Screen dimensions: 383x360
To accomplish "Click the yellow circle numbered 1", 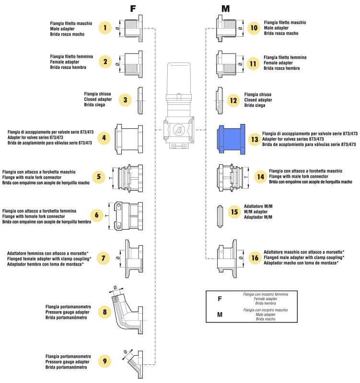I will point(105,28).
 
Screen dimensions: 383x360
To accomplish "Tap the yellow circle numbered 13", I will point(255,139).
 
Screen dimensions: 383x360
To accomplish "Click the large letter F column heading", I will point(133,9).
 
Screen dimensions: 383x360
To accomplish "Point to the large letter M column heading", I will point(225,9).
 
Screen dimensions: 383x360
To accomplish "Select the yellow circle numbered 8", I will point(105,312).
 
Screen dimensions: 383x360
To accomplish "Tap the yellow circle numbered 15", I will point(234,212).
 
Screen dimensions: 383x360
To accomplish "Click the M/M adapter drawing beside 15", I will point(220,212).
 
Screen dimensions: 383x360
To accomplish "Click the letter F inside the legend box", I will point(220,299).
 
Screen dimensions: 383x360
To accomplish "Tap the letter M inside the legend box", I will point(220,315).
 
